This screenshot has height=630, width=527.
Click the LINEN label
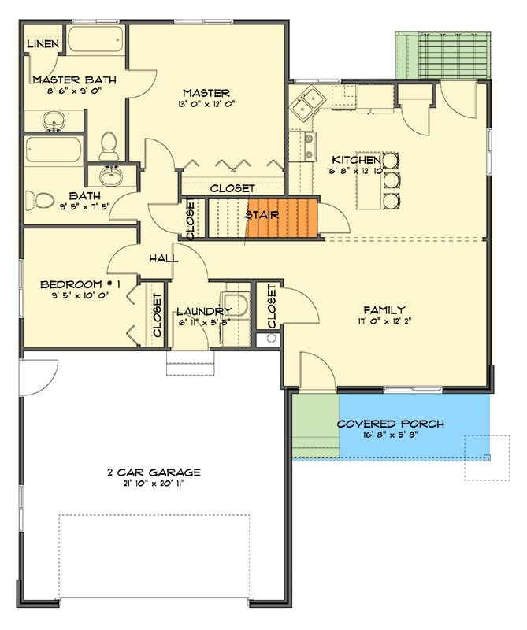pos(43,43)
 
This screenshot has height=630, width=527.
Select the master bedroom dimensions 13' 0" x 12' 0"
pos(206,104)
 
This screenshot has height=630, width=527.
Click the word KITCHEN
pos(356,159)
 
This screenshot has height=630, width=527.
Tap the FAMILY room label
pos(384,309)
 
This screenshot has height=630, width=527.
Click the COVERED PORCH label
pos(390,424)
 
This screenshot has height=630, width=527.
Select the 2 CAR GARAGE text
pos(154,472)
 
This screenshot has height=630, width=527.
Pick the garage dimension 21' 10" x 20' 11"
pos(154,484)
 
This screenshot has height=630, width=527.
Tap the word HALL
pos(163,258)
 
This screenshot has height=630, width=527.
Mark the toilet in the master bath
pos(109,143)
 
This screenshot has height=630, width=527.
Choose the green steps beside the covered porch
pos(315,425)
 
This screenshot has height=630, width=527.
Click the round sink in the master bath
pos(55,121)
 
